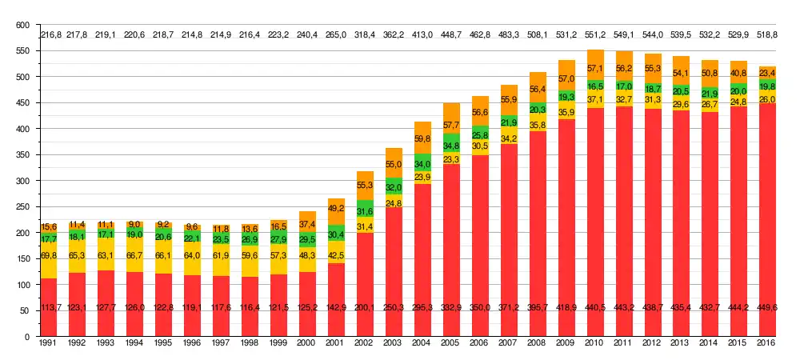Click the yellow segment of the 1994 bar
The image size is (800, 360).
point(135,255)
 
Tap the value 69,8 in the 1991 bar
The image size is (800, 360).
point(49,254)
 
